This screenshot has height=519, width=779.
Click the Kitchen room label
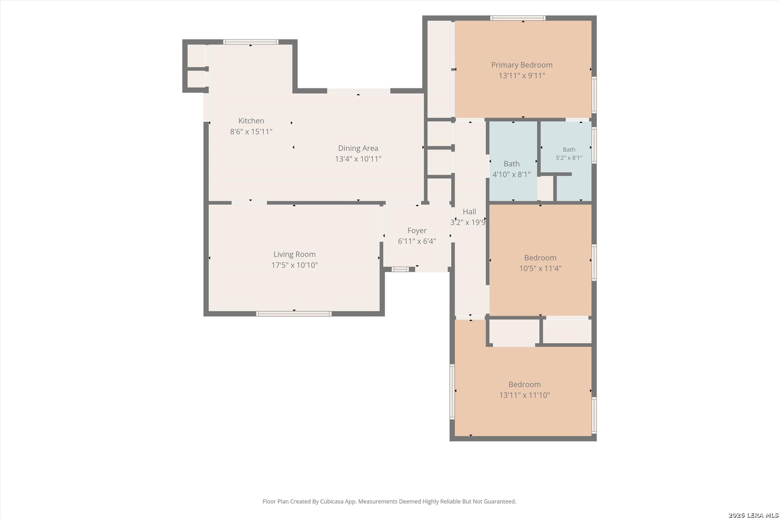[251, 121]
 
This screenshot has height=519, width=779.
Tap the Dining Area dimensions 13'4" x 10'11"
[358, 159]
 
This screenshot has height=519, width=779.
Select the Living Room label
[295, 255]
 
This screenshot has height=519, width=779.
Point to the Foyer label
[417, 231]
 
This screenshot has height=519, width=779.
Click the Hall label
[469, 211]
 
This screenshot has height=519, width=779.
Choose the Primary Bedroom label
[522, 65]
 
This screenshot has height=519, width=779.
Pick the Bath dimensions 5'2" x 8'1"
[569, 158]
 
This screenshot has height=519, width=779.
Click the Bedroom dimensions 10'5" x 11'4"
[540, 268]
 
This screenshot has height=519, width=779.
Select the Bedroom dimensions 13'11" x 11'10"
[525, 395]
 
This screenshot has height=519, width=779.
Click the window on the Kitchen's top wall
[251, 42]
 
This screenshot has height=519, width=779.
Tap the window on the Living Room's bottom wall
[294, 314]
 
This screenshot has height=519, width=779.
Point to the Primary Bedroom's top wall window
[518, 18]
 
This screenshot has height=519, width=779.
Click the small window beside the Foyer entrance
[400, 269]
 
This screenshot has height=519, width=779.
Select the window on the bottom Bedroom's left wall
[452, 392]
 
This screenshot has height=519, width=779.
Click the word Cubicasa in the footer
[332, 502]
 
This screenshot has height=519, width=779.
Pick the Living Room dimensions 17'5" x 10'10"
[295, 265]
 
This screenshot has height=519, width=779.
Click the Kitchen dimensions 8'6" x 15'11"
[251, 132]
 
